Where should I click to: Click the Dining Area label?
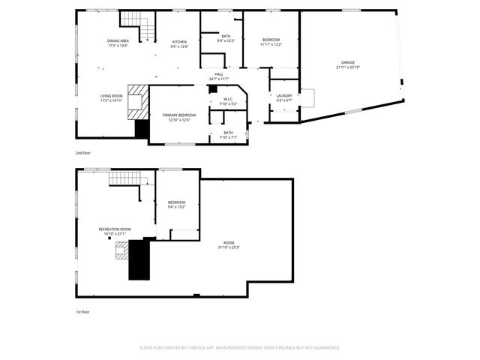pos(118,40)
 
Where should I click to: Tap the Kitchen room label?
pos(179,41)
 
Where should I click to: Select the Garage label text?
pos(348,62)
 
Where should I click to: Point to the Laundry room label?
pos(284,95)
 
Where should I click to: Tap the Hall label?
pos(219,74)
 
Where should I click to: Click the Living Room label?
pos(111,96)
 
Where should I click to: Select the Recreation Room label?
pos(115,229)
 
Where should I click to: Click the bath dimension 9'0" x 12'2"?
pos(226,40)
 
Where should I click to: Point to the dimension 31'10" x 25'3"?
pos(228,247)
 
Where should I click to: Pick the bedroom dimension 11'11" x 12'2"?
pos(271,44)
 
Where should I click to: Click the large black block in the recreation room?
pos(139,259)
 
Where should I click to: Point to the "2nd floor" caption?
pos(82,152)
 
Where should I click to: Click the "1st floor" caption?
pos(82,311)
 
